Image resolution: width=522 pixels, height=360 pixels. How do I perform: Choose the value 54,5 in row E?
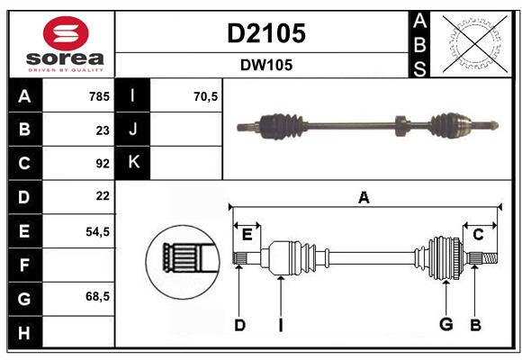tap(97, 231)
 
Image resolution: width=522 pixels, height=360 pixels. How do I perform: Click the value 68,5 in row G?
tap(97, 296)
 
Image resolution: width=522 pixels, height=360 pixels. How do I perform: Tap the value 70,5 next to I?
tap(206, 95)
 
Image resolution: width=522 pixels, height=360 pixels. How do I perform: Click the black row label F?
tap(24, 265)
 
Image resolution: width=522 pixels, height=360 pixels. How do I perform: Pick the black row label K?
tap(133, 163)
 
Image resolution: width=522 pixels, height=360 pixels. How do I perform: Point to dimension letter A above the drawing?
tap(364, 197)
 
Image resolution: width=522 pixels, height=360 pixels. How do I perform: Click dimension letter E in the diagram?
tap(247, 235)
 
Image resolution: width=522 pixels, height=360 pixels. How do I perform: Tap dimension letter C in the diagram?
tap(478, 234)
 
